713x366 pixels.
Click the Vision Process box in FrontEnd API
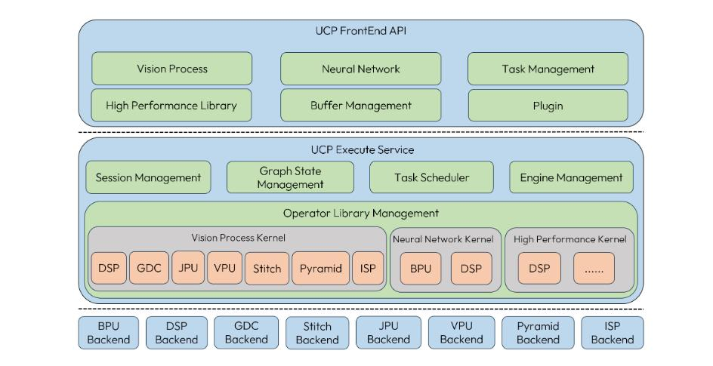coord(172,69)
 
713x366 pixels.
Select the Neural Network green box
coord(360,69)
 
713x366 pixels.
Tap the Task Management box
coord(548,69)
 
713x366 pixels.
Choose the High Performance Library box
coord(172,105)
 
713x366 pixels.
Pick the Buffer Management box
coord(360,105)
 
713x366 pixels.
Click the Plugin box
coord(548,105)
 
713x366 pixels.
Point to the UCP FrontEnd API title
coord(360,31)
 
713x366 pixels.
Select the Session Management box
coord(149,178)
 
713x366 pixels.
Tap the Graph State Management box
coord(290,178)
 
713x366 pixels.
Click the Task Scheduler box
coord(431,178)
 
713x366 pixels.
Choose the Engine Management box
coord(572,178)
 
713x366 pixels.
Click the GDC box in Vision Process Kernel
coord(149,268)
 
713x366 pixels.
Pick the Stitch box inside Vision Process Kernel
coord(267,268)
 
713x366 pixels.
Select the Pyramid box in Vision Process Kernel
coord(320,268)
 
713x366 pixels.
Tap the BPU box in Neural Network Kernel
coord(420,268)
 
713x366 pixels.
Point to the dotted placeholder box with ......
coord(593,268)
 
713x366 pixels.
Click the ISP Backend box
coord(612,333)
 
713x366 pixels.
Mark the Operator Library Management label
coord(360,214)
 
